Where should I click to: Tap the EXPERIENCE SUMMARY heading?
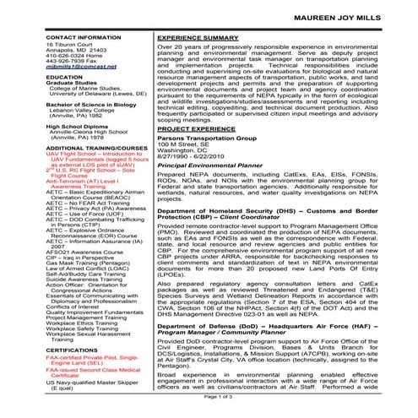(198, 38)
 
